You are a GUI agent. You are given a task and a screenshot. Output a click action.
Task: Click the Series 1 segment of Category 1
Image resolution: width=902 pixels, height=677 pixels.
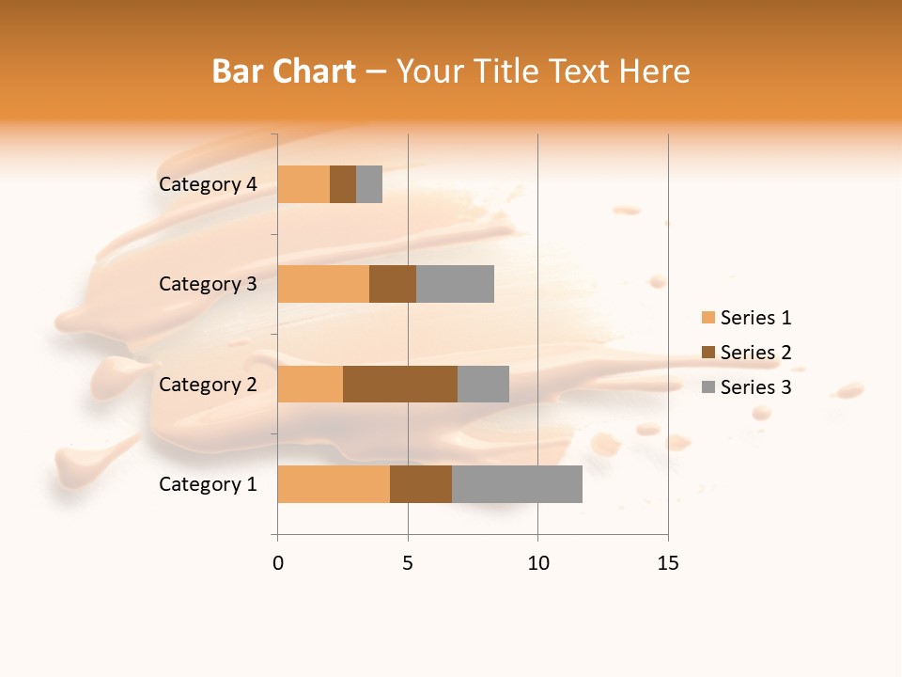pyautogui.click(x=334, y=484)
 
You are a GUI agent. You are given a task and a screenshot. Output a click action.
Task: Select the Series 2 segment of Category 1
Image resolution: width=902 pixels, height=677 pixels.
pyautogui.click(x=421, y=484)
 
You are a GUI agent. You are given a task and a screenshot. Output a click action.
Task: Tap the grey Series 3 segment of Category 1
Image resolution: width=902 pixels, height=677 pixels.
pyautogui.click(x=517, y=484)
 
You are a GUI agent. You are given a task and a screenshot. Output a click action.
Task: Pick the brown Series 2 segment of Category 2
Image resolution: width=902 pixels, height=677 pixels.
pyautogui.click(x=400, y=384)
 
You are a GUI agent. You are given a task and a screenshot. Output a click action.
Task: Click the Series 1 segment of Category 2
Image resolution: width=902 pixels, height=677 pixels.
pyautogui.click(x=310, y=384)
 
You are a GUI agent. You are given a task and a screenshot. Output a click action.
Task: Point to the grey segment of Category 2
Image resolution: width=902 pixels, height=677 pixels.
pyautogui.click(x=483, y=384)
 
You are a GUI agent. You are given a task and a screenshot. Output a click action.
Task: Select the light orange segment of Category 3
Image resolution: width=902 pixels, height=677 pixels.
pyautogui.click(x=323, y=284)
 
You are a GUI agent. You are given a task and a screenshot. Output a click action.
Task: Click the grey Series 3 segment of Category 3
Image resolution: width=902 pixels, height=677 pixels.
pyautogui.click(x=455, y=284)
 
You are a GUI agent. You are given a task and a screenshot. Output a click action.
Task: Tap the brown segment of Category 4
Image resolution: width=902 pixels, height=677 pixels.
pyautogui.click(x=343, y=184)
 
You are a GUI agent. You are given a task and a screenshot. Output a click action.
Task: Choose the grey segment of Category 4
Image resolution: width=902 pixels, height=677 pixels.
pyautogui.click(x=369, y=184)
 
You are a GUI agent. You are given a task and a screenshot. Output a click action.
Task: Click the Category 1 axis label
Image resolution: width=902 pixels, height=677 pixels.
pyautogui.click(x=208, y=484)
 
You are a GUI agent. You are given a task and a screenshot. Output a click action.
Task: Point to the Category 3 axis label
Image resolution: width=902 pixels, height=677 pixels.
pyautogui.click(x=208, y=284)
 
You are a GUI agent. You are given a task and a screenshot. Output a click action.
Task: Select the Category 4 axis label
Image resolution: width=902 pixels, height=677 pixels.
pyautogui.click(x=208, y=184)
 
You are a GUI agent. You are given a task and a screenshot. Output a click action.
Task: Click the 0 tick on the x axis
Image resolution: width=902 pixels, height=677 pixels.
pyautogui.click(x=278, y=563)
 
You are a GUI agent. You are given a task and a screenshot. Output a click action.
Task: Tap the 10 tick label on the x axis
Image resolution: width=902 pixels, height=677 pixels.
pyautogui.click(x=537, y=563)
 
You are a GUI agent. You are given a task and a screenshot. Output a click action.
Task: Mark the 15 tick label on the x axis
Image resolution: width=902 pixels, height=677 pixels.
pyautogui.click(x=668, y=563)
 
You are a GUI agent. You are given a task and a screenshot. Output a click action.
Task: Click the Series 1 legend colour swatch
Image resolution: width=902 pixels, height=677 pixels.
pyautogui.click(x=708, y=318)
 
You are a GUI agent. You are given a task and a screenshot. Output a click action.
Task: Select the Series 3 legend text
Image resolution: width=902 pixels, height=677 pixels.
pyautogui.click(x=755, y=387)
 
